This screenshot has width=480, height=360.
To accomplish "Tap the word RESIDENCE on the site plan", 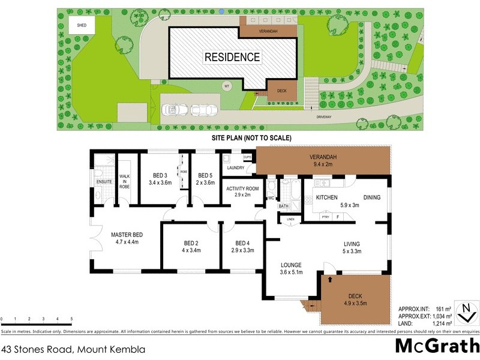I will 232,58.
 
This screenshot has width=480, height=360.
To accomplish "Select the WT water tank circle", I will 227,86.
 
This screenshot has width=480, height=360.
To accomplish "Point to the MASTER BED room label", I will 127,238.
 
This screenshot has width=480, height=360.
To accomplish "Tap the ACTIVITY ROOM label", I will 242,191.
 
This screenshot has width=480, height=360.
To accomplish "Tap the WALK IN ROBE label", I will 125,182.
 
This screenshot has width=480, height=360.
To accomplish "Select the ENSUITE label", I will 104,181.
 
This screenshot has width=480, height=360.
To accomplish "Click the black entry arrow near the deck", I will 329,278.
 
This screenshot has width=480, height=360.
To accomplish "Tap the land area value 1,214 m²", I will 442,323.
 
